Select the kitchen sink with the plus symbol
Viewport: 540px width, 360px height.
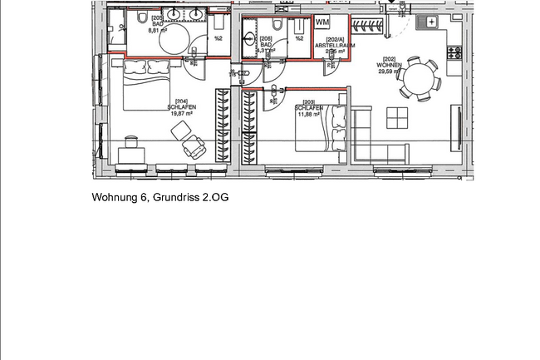[x=431, y=22]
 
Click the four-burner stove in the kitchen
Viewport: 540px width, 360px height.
[x=454, y=52]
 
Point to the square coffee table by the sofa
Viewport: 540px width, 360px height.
[x=398, y=117]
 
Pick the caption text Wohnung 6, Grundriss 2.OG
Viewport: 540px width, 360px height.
[x=160, y=198]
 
